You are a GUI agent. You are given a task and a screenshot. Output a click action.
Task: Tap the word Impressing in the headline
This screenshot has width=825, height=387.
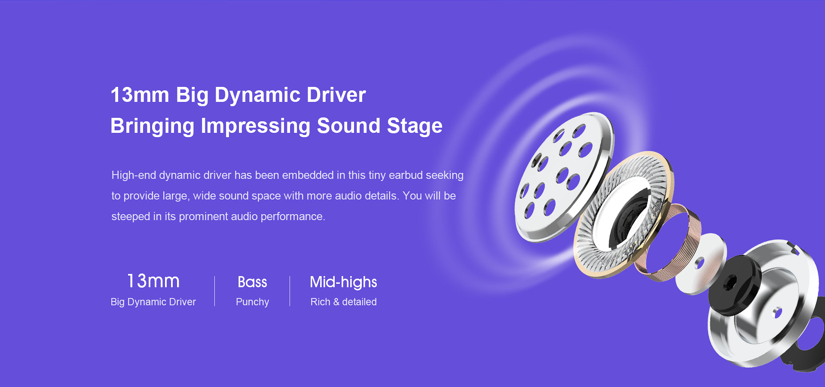pos(255,126)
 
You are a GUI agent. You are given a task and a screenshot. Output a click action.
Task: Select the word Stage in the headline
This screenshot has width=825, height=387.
pos(415,126)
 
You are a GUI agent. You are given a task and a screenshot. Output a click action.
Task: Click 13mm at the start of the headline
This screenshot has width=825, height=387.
pos(140,95)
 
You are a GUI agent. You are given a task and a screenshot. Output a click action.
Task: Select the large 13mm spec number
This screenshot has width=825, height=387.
pos(153,281)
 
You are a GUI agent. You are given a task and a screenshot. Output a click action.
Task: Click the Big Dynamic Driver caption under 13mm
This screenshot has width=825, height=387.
pos(153,302)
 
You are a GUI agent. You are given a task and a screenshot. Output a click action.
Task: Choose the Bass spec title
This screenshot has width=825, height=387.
pos(252,282)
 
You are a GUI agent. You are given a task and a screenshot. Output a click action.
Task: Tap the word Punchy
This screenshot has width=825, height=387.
pos(252,302)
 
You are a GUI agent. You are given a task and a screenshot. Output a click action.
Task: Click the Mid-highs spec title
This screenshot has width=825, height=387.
pos(343,282)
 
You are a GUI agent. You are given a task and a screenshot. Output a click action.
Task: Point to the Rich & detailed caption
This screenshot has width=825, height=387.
pos(343,302)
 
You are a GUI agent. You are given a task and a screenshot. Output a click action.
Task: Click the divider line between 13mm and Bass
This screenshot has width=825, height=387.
pos(214,291)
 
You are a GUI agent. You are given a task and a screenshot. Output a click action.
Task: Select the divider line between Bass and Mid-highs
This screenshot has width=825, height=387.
pos(290,291)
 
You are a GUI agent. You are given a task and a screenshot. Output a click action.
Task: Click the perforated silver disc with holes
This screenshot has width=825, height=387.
pos(564,176)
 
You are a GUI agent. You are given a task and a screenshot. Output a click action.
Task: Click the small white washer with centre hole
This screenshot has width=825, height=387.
pos(700,263)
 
